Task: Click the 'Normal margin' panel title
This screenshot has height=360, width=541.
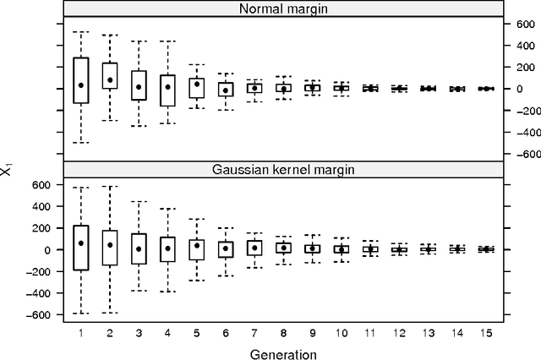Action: click(283, 9)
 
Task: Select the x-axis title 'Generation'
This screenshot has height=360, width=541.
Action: click(283, 352)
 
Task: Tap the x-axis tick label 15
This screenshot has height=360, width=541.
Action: click(485, 330)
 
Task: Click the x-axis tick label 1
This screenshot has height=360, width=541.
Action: click(81, 330)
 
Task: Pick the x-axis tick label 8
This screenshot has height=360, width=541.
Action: click(283, 330)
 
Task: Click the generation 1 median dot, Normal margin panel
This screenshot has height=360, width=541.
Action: click(81, 85)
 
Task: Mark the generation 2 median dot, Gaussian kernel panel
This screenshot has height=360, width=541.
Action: click(110, 245)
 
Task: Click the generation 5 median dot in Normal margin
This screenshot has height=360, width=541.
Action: click(196, 84)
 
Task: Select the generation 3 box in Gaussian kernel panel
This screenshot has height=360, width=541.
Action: click(139, 249)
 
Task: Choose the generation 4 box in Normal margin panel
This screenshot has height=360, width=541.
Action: click(167, 90)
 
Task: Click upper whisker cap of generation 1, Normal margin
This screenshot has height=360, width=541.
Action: click(81, 32)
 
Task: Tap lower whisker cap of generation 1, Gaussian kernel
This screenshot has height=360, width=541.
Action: click(81, 314)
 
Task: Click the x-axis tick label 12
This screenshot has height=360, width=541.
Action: click(399, 330)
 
